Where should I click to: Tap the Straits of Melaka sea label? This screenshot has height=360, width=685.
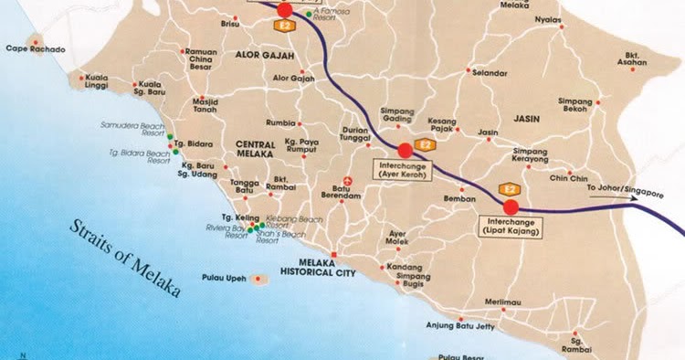click(x=122, y=258)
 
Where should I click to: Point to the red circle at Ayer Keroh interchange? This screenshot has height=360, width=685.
click(x=405, y=150)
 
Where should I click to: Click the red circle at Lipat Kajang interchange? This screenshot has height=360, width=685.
click(x=511, y=206)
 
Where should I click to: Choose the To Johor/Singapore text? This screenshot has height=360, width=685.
click(x=623, y=188)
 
